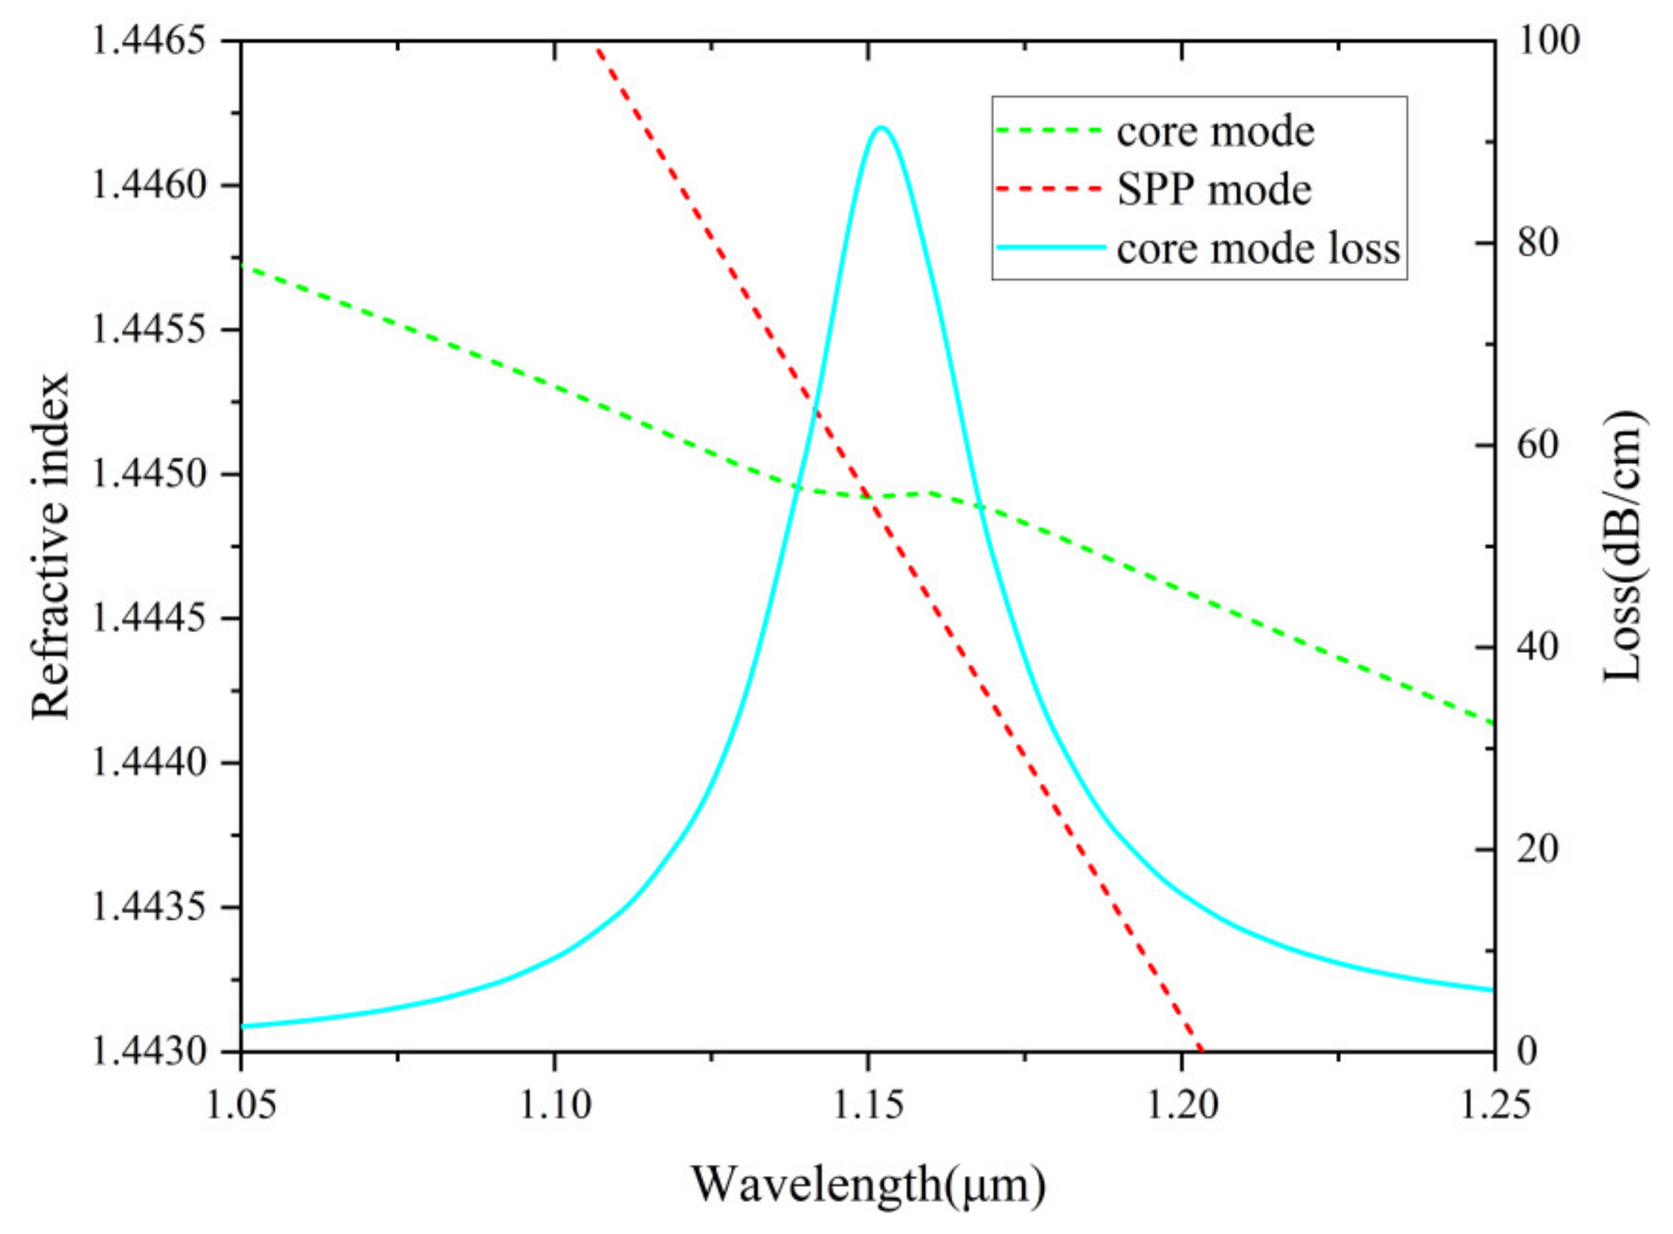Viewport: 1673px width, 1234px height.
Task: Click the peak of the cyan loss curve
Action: [881, 127]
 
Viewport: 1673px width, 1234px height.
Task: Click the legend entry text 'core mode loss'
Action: [1258, 249]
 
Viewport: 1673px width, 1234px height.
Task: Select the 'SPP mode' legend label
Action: [1214, 190]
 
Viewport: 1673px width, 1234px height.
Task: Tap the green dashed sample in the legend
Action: [1049, 131]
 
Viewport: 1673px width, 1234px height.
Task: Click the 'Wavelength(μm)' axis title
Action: [868, 1185]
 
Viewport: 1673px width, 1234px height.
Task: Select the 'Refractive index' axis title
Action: [50, 545]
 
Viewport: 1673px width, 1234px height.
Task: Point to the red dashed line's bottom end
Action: [1199, 1049]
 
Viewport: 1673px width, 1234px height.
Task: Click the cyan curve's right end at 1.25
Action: [1493, 990]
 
